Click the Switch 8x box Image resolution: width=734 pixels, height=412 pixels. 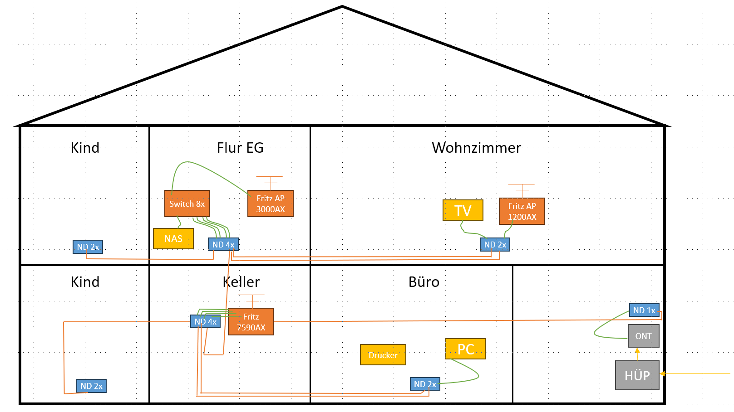coord(187,204)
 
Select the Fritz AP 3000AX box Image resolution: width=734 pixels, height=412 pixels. coord(271,204)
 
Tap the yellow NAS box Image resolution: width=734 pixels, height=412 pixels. coord(173,239)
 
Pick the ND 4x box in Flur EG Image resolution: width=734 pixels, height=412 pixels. coord(223,245)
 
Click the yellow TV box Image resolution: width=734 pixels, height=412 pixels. coord(463,210)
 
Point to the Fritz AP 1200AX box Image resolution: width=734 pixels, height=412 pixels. coord(522,211)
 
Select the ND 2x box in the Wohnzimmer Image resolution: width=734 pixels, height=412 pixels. coord(495,245)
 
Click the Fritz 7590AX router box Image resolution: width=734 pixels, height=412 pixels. coord(251,322)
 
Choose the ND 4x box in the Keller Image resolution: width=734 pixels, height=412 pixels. coord(205,322)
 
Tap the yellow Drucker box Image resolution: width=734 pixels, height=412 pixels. coord(383,355)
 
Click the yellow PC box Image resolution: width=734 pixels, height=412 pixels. coord(466,349)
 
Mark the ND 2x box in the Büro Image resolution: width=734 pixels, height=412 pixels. coord(425,384)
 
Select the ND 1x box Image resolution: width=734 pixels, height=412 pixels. coord(644,310)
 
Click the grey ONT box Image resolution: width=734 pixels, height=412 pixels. coord(644,336)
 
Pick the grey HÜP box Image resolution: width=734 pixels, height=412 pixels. coord(637,375)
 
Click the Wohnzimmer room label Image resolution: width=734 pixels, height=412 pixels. coord(476,148)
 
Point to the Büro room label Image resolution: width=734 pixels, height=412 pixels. coord(424,282)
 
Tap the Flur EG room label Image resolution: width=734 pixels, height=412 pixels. coord(240,148)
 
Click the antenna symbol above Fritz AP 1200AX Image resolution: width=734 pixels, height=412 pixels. coord(522,189)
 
